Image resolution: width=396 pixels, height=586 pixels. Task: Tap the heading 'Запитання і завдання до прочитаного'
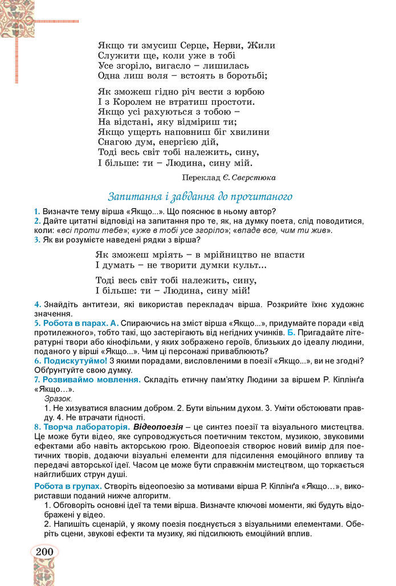click(x=200, y=196)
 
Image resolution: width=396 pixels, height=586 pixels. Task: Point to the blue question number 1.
click(x=36, y=211)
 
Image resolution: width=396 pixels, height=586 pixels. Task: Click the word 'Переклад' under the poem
click(x=202, y=177)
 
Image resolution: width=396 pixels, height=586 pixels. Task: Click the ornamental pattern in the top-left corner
click(x=17, y=17)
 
